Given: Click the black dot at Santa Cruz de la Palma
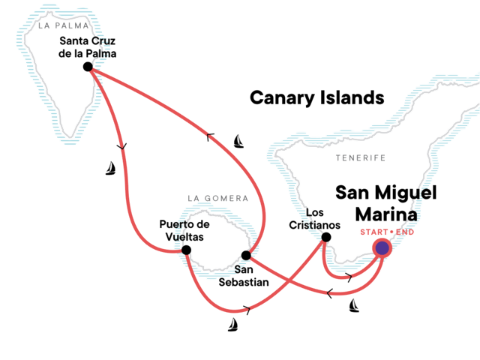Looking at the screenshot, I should [x=88, y=67].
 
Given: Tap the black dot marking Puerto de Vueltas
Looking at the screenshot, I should [x=186, y=250].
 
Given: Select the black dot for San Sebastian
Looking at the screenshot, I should [x=246, y=255].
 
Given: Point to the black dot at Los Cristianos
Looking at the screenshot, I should [x=325, y=238].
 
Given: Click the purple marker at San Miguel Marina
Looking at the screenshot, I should [x=382, y=247].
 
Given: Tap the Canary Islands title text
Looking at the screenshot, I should [x=316, y=97].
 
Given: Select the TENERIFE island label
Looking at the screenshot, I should [x=361, y=158].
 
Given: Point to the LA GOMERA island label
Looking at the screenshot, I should [x=217, y=199].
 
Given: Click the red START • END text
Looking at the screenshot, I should [x=387, y=231].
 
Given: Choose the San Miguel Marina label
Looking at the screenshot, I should [x=376, y=203].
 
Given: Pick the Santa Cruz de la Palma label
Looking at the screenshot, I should [x=88, y=46].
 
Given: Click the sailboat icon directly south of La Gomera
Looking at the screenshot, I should [x=233, y=324].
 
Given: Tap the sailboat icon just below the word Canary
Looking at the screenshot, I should [x=238, y=140].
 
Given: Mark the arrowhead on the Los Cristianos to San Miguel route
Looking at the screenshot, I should [x=348, y=278].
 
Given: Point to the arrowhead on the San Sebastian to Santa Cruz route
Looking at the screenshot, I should [x=211, y=136].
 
